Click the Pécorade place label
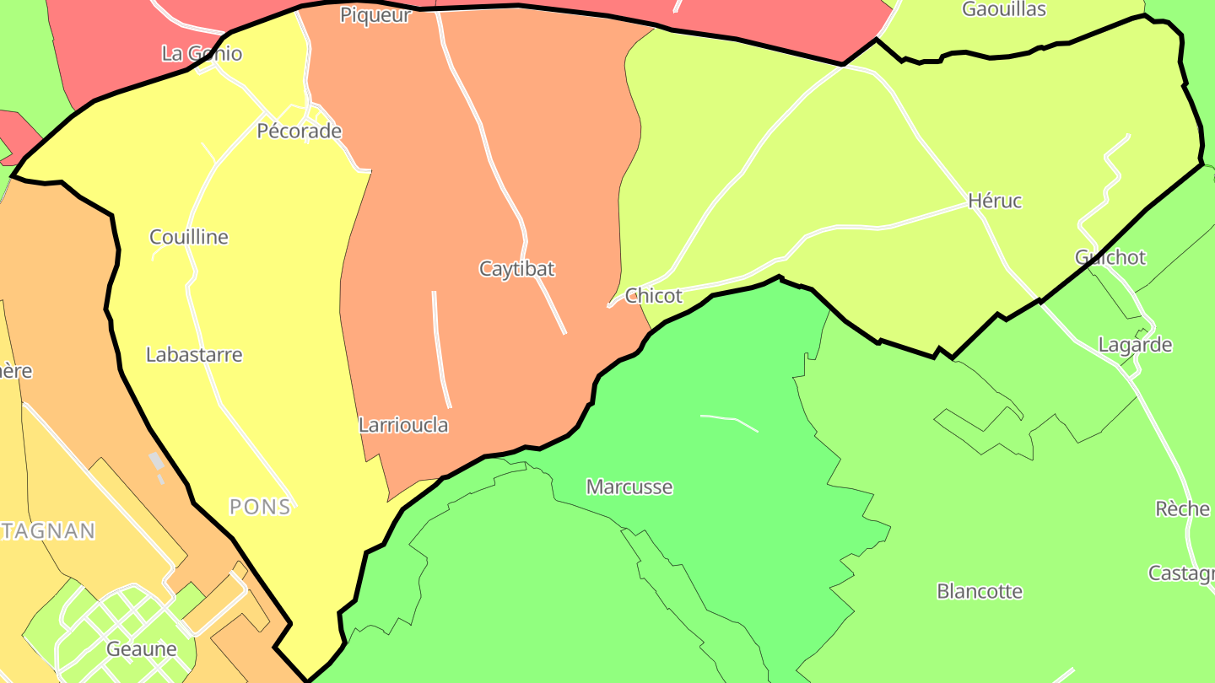[x=299, y=131]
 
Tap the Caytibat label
[x=516, y=269]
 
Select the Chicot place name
[x=654, y=296]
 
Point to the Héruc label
[x=995, y=201]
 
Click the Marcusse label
[x=629, y=487]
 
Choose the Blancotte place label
[x=980, y=591]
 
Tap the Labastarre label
[x=194, y=355]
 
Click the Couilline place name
[x=189, y=237]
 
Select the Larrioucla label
[x=403, y=425]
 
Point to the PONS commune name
[x=260, y=507]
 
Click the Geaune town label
[x=142, y=649]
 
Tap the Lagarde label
[x=1135, y=345]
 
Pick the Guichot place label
[x=1110, y=257]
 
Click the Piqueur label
[x=375, y=15]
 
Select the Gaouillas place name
[x=1004, y=9]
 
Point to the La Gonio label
[x=202, y=54]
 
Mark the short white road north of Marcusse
[x=729, y=421]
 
